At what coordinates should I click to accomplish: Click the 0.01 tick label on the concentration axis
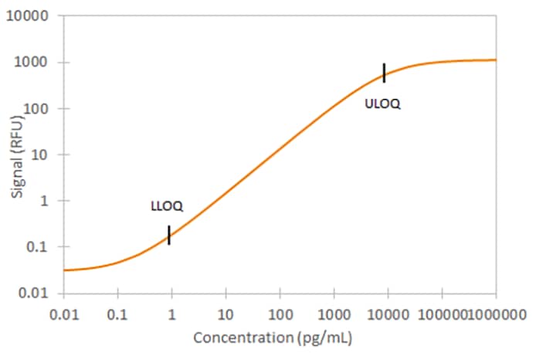pos(63,314)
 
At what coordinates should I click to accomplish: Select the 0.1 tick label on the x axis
pos(117,314)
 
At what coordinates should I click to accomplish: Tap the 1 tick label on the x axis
pos(171,314)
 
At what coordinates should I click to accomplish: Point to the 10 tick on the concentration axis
pos(226,314)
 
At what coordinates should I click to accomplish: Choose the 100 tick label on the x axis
pos(280,314)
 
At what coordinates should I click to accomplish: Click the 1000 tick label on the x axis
pos(334,314)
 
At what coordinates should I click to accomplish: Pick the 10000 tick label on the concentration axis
pos(388,314)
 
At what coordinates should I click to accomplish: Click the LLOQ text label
pos(166,207)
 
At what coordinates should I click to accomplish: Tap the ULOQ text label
pos(383,104)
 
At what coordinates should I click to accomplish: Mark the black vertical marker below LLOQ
pos(169,235)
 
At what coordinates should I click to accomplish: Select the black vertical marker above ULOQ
pos(384,73)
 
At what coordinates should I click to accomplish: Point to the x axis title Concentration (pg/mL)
pos(273,338)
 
